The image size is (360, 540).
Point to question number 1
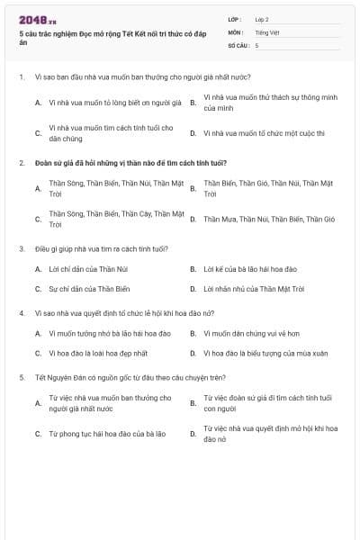pos(21,77)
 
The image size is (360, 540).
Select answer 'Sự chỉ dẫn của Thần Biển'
pos(89,289)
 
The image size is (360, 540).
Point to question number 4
pos(21,312)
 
